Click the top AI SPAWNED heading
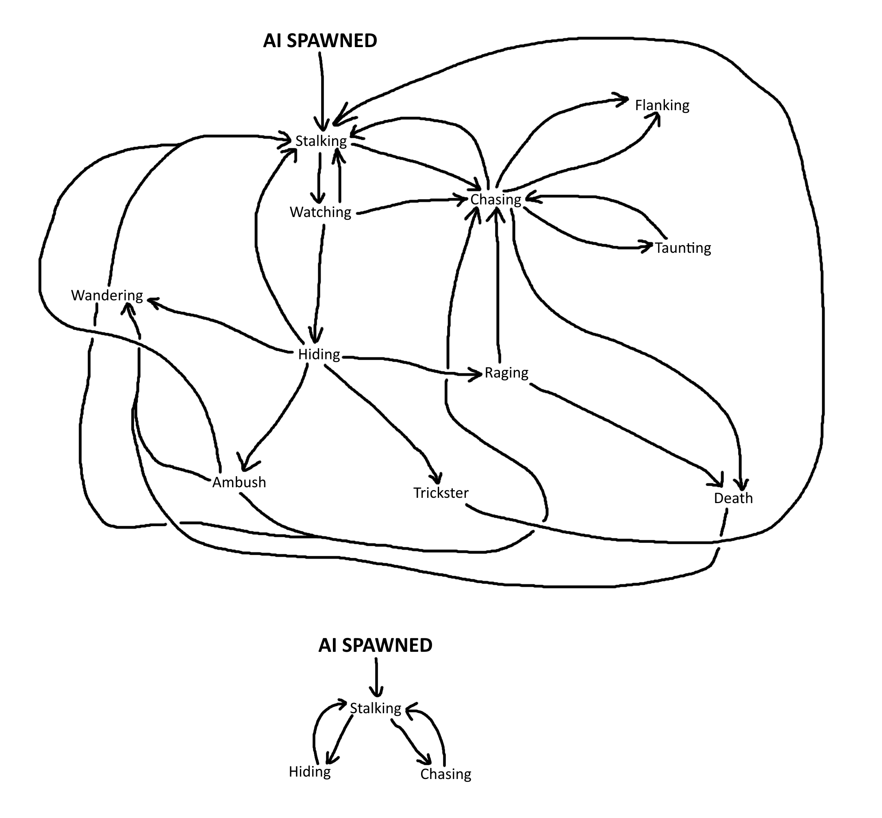click(320, 41)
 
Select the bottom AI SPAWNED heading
click(375, 645)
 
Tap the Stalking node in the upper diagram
click(321, 141)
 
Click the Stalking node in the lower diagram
click(376, 708)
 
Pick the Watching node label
click(320, 212)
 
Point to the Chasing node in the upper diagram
click(495, 200)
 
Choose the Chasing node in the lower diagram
click(445, 774)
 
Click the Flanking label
click(662, 105)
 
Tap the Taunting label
click(683, 248)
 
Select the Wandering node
click(107, 295)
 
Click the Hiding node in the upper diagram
click(319, 354)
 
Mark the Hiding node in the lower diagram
click(309, 772)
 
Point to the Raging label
click(506, 373)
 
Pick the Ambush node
click(239, 482)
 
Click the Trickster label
click(441, 493)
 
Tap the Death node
click(733, 498)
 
